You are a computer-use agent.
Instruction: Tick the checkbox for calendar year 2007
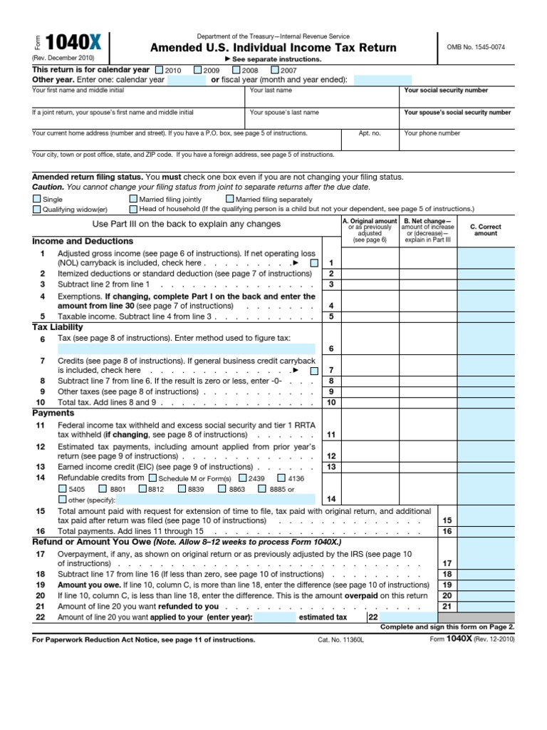tap(274, 71)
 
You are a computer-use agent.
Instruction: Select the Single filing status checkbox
tap(37, 200)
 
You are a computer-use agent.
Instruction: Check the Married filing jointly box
tap(133, 200)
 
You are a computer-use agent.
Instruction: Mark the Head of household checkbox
tap(133, 210)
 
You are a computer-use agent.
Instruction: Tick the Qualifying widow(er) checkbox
tap(37, 210)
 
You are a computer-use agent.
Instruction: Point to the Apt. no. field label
tap(371, 133)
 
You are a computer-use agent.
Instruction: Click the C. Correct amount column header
tap(486, 230)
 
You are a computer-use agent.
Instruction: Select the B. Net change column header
tap(427, 230)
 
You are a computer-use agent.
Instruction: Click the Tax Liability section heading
tap(58, 327)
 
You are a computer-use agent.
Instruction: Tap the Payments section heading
tap(53, 413)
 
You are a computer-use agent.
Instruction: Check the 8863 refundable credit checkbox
tap(222, 489)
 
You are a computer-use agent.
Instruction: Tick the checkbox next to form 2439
tap(243, 478)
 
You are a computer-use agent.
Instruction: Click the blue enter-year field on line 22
tap(273, 617)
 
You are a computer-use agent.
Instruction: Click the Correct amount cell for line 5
tap(486, 316)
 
